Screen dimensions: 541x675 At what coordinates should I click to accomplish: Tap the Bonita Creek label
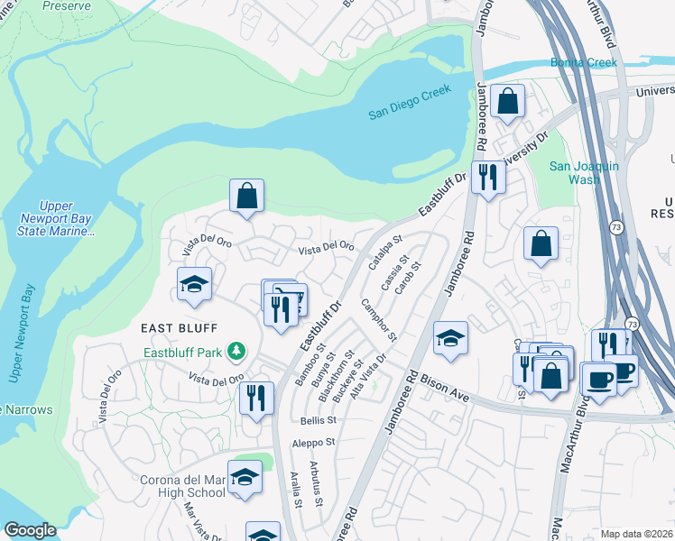pyautogui.click(x=584, y=62)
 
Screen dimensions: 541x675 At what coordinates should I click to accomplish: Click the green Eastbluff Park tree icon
pyautogui.click(x=236, y=349)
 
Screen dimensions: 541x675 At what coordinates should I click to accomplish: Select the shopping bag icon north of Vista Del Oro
pyautogui.click(x=246, y=195)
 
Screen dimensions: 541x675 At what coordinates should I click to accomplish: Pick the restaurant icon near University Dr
pyautogui.click(x=487, y=176)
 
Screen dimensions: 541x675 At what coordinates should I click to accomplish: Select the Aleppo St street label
pyautogui.click(x=312, y=443)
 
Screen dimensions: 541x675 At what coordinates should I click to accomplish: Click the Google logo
pyautogui.click(x=29, y=530)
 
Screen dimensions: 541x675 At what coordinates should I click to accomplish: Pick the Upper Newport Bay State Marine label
pyautogui.click(x=55, y=219)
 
